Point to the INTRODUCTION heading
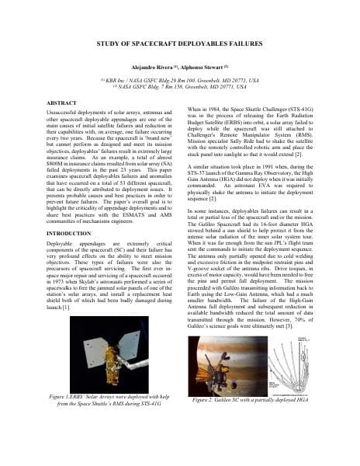click(x=70, y=233)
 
